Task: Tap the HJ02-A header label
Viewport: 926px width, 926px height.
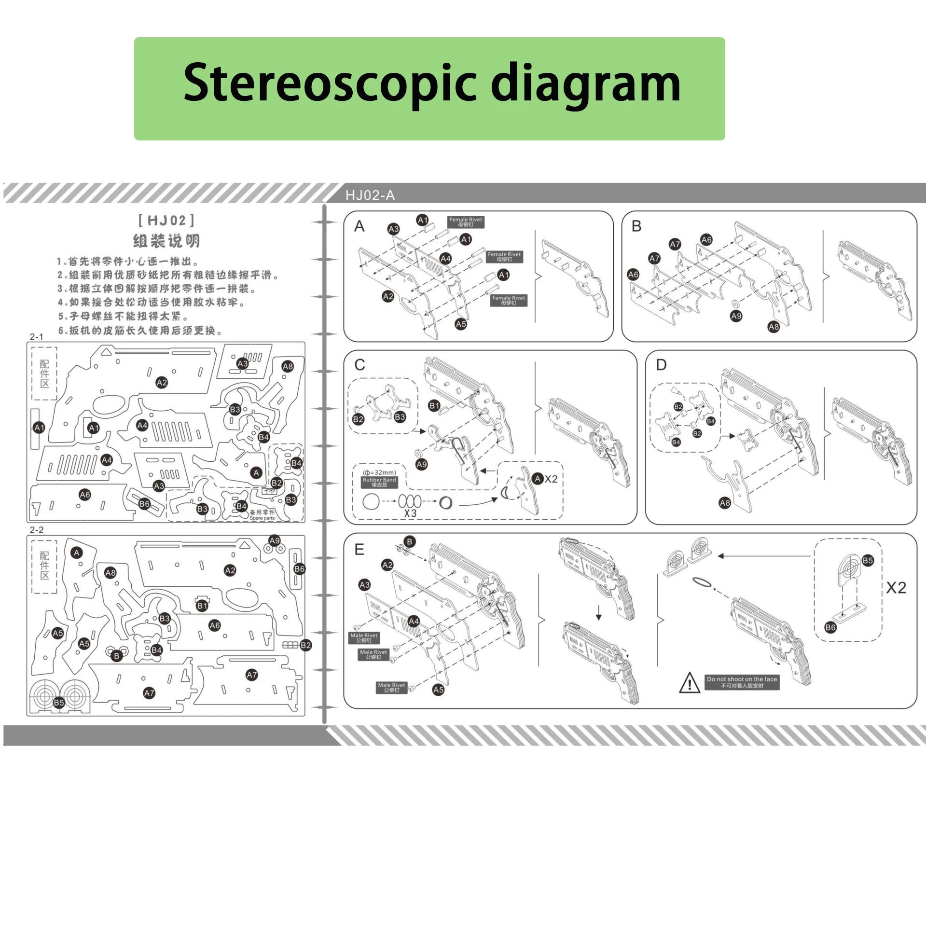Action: tap(370, 195)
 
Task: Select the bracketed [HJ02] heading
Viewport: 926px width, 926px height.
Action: tap(166, 221)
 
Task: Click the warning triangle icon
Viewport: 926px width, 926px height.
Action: tap(690, 683)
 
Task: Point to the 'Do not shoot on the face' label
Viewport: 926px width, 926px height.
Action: tap(742, 682)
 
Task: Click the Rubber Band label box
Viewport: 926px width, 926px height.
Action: tap(379, 482)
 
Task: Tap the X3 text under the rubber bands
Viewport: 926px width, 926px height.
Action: tap(410, 513)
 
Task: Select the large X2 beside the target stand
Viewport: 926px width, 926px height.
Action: tap(896, 588)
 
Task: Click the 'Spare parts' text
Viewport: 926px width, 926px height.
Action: tap(262, 518)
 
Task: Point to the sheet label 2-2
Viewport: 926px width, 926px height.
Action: tap(37, 530)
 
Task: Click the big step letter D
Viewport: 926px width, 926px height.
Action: tap(661, 365)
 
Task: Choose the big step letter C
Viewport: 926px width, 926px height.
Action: tap(359, 365)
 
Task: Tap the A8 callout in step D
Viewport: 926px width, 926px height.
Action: tap(725, 503)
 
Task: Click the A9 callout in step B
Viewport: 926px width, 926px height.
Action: tap(736, 316)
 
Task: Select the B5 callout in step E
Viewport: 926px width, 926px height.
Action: tap(868, 560)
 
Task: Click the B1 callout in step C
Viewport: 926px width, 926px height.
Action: tap(434, 405)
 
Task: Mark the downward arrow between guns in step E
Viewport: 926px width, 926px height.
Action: tap(599, 612)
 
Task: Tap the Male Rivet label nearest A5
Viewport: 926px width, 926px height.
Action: tap(391, 687)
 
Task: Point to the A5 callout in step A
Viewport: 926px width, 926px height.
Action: tap(461, 324)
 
